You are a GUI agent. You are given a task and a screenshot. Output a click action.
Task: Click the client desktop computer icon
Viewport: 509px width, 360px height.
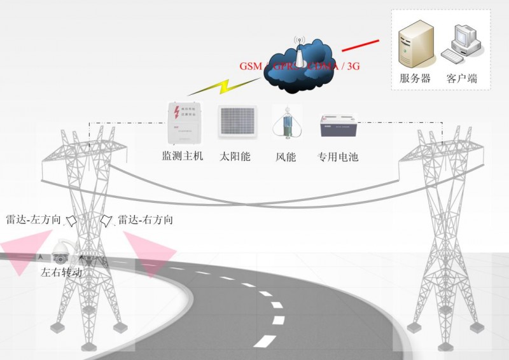click(x=463, y=45)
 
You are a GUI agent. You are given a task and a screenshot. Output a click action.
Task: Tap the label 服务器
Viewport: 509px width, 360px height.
click(x=415, y=79)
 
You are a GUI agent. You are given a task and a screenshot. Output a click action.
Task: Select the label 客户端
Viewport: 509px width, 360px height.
click(x=462, y=79)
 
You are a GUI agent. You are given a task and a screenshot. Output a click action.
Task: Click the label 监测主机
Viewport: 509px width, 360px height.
click(x=182, y=155)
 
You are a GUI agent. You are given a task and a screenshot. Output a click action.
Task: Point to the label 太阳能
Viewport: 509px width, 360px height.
click(x=235, y=156)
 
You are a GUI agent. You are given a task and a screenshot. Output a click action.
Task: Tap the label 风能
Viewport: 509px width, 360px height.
click(x=286, y=156)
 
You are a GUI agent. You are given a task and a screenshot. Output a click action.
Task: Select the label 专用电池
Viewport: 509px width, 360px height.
click(x=338, y=156)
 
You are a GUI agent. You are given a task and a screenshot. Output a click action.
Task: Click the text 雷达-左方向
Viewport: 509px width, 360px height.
click(x=34, y=220)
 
